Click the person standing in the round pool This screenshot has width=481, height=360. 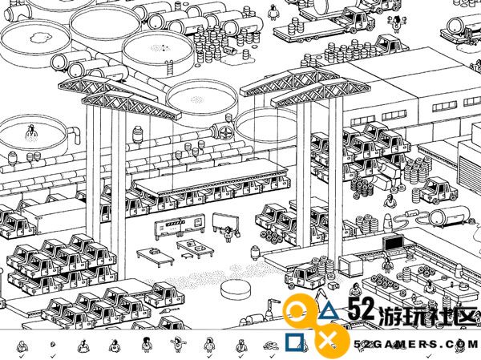click(31, 132)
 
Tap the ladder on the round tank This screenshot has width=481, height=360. click(169, 67)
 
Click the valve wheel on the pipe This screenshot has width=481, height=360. click(225, 131)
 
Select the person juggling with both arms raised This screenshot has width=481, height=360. click(397, 22)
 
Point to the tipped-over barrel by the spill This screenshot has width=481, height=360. click(228, 50)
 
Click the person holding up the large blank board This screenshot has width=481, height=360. click(228, 233)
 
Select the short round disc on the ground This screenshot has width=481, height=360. click(236, 289)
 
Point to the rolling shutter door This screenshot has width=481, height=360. click(469, 168)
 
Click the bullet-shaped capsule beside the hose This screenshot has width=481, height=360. click(387, 221)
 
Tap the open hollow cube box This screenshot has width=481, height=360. click(349, 265)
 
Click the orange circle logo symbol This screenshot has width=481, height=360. click(297, 311)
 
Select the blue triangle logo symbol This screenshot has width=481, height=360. click(329, 310)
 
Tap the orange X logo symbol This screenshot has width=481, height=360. click(329, 341)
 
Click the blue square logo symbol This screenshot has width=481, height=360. click(294, 342)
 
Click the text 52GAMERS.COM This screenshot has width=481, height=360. click(416, 344)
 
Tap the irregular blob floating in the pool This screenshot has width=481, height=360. click(39, 38)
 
